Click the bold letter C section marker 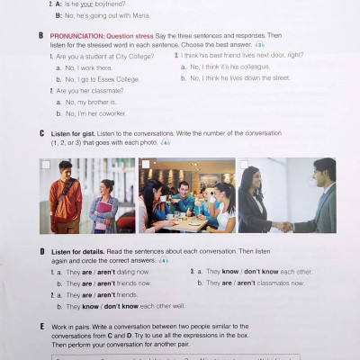point(41,133)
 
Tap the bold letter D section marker point(41,251)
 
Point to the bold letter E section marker point(41,326)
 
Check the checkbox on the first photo point(45,165)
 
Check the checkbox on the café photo point(144,165)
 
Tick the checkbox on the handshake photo point(243,165)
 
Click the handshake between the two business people point(283,226)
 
